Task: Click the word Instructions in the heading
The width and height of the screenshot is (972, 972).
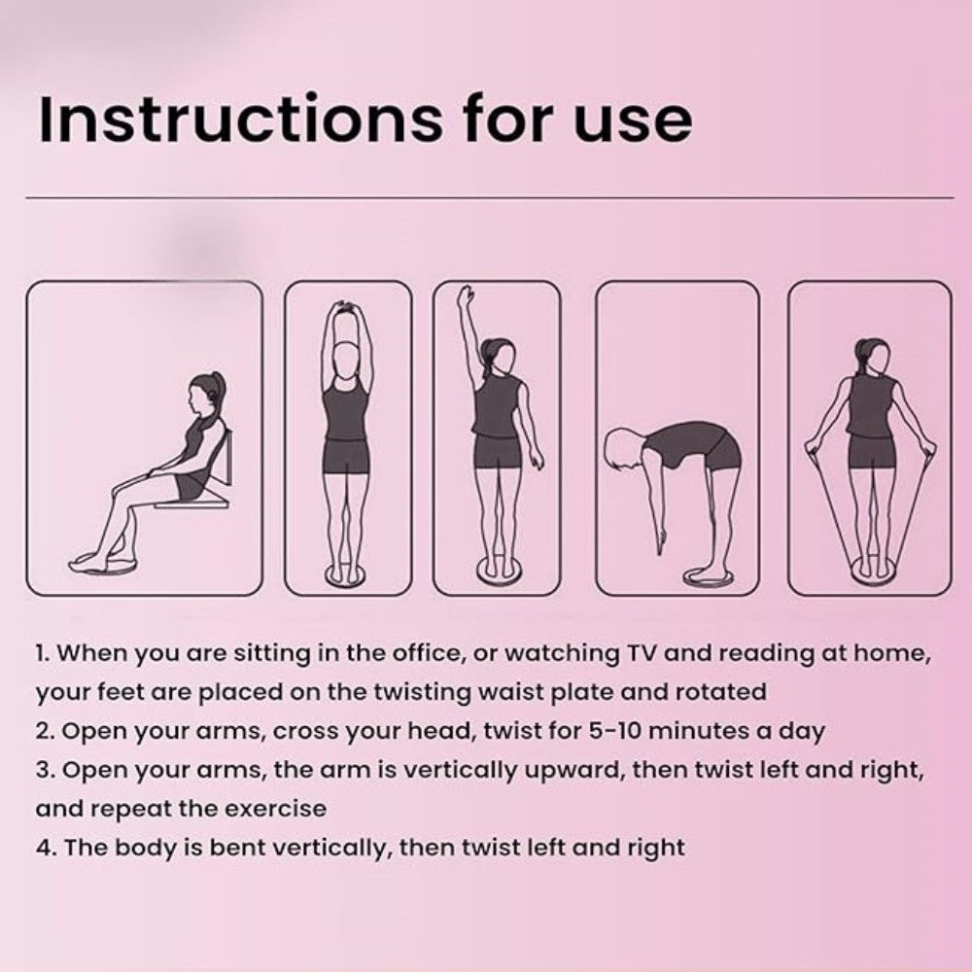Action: [240, 119]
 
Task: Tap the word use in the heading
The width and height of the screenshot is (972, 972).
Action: [633, 125]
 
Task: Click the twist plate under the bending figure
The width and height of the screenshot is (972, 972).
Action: [709, 576]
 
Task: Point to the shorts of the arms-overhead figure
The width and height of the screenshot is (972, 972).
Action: [345, 456]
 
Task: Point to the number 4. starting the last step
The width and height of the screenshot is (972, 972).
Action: [46, 848]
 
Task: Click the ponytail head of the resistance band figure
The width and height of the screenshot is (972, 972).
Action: [870, 357]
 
